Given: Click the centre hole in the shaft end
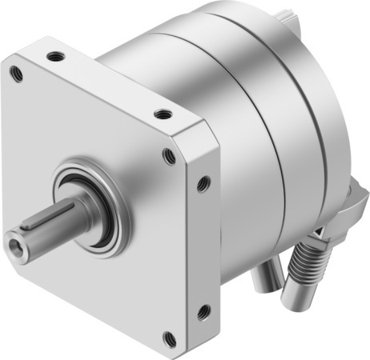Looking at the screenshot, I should pyautogui.click(x=14, y=239).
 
